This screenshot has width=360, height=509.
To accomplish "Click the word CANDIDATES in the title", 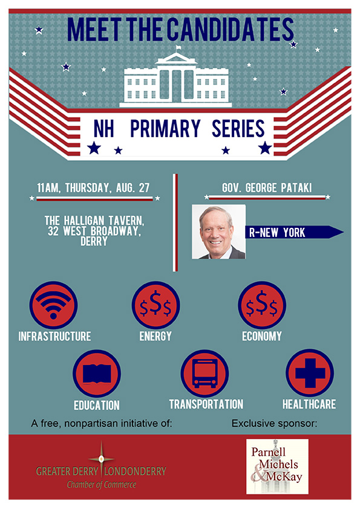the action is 231,30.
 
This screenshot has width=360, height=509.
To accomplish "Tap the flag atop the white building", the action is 178,48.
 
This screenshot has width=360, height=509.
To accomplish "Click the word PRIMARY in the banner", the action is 165,129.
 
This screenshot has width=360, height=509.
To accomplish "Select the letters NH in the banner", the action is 103,129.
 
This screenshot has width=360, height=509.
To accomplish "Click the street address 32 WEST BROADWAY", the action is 94,231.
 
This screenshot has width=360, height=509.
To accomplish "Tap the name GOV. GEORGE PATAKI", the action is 267,187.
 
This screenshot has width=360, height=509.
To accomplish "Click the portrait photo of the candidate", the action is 218,232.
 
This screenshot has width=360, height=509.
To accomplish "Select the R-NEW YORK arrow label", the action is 294,232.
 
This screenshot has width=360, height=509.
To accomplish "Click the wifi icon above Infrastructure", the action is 54,305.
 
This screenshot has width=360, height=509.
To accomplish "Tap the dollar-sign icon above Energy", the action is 155,305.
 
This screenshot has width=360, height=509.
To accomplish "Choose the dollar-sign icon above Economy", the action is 262,305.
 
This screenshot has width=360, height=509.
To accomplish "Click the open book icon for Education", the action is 97,374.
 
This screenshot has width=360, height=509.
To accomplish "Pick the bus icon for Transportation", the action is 205,374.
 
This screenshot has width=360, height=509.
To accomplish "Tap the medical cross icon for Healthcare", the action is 310,373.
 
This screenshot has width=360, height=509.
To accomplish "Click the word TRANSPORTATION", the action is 206,404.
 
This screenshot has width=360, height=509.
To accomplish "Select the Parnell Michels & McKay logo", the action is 277,467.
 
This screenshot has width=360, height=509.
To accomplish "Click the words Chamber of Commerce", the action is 102,485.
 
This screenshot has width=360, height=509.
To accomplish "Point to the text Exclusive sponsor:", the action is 274,423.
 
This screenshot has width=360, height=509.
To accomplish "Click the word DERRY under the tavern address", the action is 94,241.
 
